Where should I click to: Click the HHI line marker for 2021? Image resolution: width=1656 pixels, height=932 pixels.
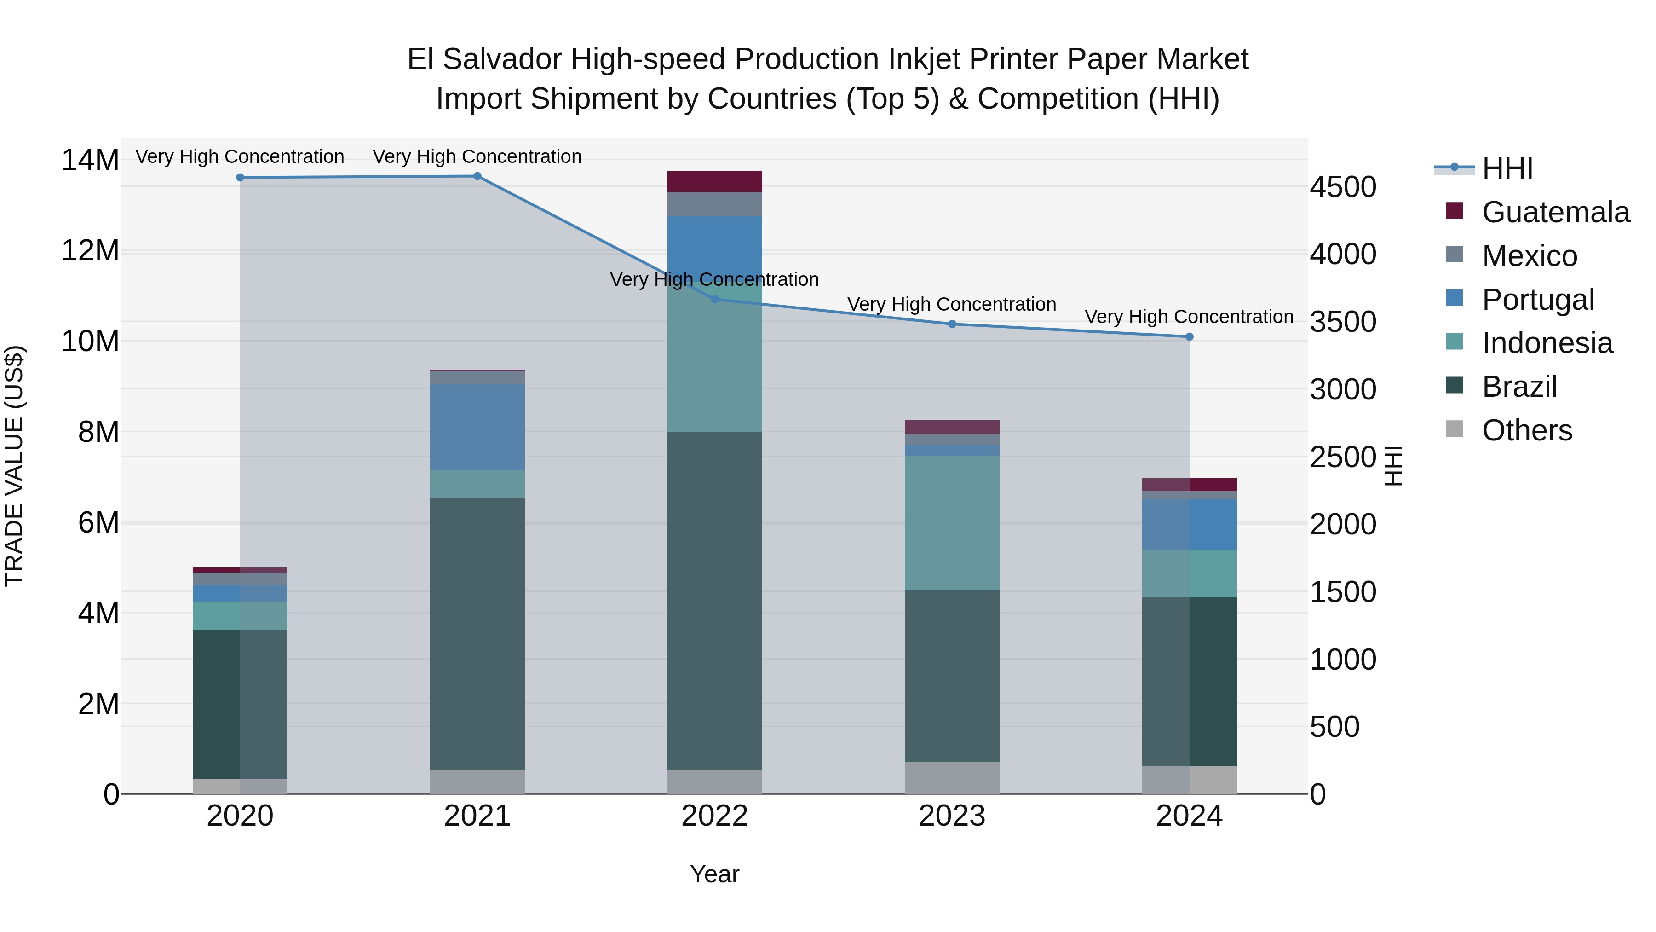point(477,176)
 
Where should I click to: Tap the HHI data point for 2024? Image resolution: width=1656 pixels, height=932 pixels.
point(1189,337)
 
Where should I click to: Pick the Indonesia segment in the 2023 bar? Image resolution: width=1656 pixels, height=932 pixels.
point(952,523)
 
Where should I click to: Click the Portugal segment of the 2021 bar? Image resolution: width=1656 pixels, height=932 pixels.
point(477,427)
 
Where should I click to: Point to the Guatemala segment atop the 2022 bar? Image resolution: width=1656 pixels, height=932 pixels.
point(714,181)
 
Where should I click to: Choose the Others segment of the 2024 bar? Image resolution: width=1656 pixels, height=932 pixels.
point(1189,780)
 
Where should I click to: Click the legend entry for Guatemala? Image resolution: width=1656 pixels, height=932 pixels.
point(1555,212)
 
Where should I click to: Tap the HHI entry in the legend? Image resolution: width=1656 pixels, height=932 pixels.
point(1507,168)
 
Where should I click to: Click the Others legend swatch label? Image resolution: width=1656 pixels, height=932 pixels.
point(1527,430)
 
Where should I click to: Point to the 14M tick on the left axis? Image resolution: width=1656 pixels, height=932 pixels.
point(90,160)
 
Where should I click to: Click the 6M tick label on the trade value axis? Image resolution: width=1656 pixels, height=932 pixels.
point(98,522)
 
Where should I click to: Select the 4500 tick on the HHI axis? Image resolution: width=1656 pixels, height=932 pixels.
point(1343,187)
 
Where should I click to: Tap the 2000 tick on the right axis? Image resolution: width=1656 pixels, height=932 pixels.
point(1343,524)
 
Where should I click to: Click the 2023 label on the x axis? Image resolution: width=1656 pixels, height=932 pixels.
point(952,816)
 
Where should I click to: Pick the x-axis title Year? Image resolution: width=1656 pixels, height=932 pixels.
point(714,874)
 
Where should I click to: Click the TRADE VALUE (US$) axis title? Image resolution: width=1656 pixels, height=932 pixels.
point(14,466)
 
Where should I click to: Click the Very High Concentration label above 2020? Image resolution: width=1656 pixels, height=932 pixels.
point(240,156)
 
